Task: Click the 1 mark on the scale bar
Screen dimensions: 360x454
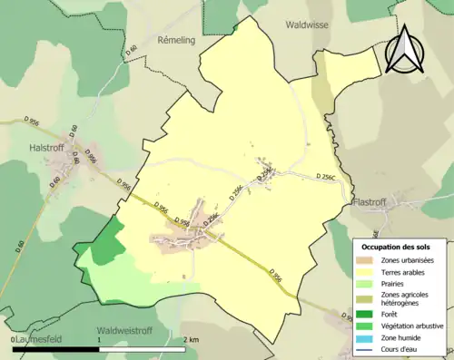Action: (x=99, y=339)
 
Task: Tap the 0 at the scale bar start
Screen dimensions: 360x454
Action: (x=13, y=339)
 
